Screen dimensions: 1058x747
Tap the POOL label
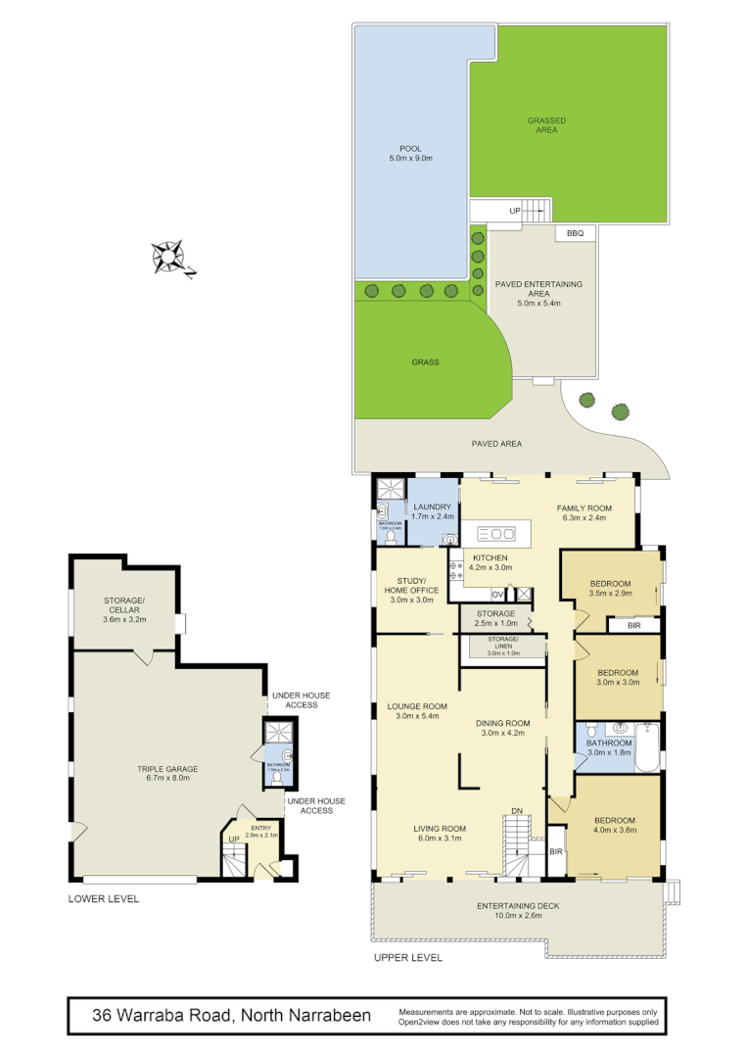410,149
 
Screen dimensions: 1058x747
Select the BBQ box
575,233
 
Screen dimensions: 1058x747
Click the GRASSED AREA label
546,125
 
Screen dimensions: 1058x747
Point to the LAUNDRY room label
431,506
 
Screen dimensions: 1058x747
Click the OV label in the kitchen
496,594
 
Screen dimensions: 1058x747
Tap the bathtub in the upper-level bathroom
647,750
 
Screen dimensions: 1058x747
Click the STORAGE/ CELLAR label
124,605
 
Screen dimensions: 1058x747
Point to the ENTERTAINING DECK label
518,906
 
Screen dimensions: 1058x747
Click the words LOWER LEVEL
104,898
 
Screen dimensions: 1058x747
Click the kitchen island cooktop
495,534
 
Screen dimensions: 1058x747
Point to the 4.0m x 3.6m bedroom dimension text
616,830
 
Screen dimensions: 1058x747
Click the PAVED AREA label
496,444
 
